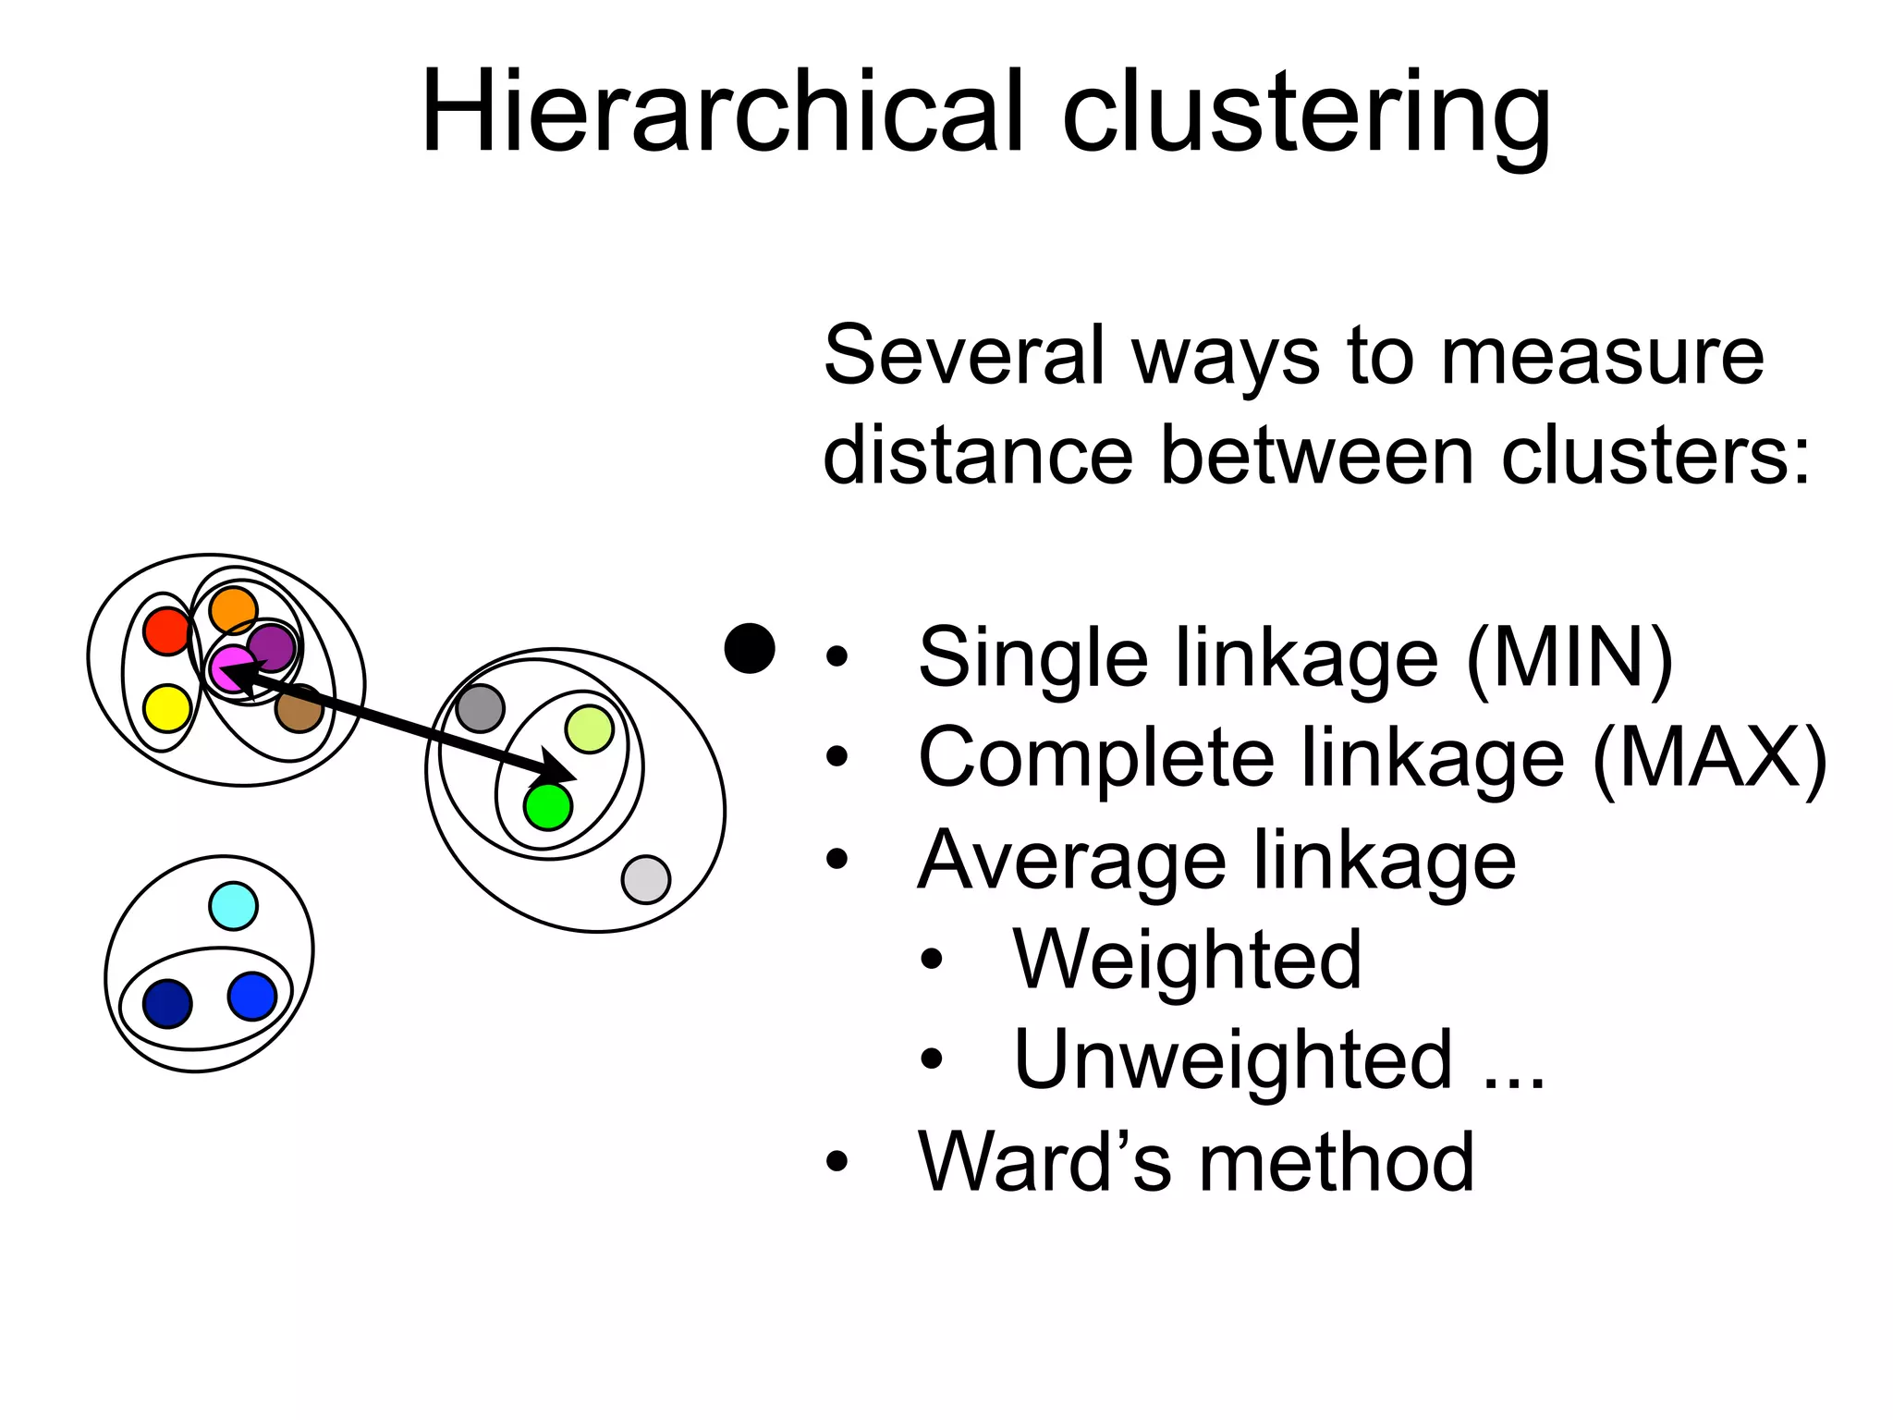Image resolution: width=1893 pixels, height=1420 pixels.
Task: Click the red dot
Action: [167, 632]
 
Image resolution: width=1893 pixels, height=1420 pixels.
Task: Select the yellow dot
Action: [167, 708]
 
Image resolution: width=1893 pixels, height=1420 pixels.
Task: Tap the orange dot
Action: [233, 610]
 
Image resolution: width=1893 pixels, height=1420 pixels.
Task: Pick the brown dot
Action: [299, 709]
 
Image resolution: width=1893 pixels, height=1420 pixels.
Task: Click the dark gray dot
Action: [481, 709]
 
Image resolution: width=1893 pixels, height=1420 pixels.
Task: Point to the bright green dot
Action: [548, 806]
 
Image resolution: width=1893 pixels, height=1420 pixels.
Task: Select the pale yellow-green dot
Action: [589, 729]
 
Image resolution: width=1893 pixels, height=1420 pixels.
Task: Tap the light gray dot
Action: [646, 879]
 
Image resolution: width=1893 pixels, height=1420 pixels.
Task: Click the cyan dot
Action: [233, 906]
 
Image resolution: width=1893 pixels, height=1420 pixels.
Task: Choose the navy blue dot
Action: [167, 1003]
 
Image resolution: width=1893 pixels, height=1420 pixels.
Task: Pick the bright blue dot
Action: [252, 997]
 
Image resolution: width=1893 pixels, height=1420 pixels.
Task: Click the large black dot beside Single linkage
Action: [750, 648]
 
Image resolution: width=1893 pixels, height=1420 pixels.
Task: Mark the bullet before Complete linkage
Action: [837, 757]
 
